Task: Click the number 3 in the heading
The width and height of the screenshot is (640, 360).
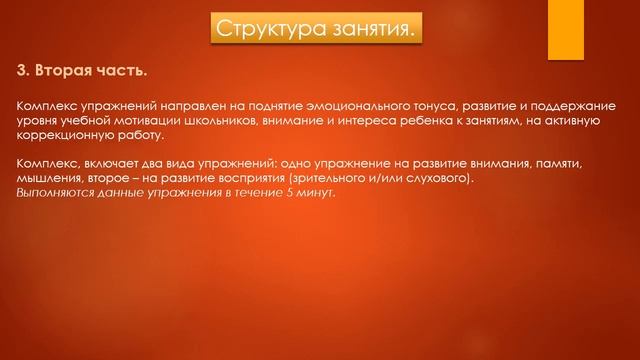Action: pyautogui.click(x=23, y=71)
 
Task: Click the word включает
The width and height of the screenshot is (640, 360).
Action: pyautogui.click(x=111, y=163)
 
